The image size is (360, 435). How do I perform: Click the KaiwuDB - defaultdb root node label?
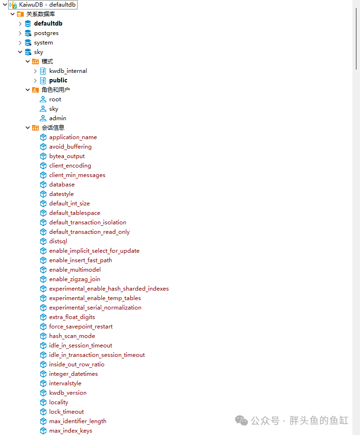click(x=47, y=5)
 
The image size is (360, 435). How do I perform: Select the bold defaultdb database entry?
click(x=48, y=24)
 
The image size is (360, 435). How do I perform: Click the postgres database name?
click(x=46, y=33)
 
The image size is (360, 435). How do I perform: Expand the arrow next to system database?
click(x=20, y=43)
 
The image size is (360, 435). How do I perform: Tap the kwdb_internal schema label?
click(x=68, y=71)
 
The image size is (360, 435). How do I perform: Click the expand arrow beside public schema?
click(x=35, y=81)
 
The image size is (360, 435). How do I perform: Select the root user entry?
click(x=55, y=99)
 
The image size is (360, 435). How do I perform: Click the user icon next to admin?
click(x=43, y=118)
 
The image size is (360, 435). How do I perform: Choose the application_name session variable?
click(x=73, y=137)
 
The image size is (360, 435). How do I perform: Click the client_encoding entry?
click(x=70, y=166)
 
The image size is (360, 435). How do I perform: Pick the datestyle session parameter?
click(x=61, y=194)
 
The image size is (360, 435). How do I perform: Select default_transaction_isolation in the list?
click(x=88, y=222)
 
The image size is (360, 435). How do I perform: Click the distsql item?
click(x=58, y=241)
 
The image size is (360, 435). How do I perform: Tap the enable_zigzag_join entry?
click(x=75, y=279)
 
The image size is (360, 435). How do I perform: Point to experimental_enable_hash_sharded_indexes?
click(x=109, y=289)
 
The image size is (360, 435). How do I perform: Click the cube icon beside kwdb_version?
click(x=43, y=393)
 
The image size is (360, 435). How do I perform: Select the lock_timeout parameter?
click(x=66, y=412)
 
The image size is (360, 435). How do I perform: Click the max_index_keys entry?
click(x=70, y=431)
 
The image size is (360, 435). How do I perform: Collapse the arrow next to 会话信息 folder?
click(x=27, y=128)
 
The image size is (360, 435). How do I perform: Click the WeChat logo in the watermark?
click(x=241, y=421)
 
